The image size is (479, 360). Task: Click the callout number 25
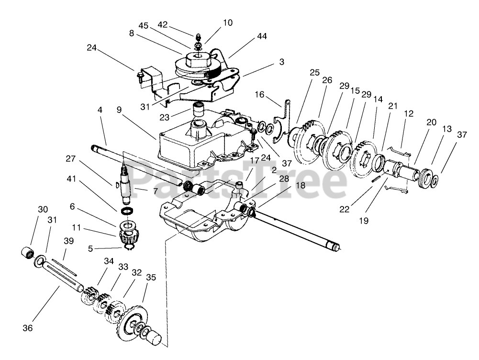tap(314, 73)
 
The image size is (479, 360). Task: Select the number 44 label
tap(261, 36)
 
